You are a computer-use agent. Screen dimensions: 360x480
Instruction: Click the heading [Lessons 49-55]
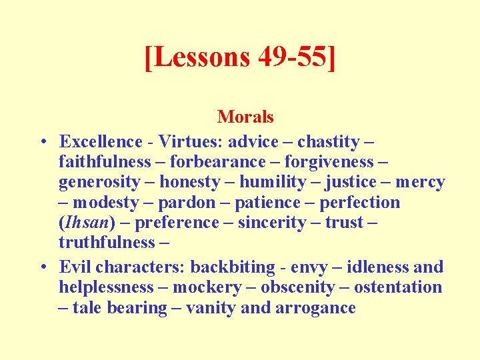tap(240, 58)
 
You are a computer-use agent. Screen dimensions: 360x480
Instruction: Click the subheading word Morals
tap(245, 117)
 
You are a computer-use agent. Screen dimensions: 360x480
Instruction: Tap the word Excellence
tap(101, 141)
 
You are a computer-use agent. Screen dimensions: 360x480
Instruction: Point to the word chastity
tap(328, 141)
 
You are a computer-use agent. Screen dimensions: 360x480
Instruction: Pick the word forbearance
tap(218, 162)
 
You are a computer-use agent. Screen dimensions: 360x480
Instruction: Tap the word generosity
tap(99, 182)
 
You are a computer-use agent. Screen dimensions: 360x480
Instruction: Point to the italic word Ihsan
tap(84, 223)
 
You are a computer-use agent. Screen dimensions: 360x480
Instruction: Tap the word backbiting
tap(229, 267)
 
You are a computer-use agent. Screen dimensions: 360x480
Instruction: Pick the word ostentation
tap(398, 287)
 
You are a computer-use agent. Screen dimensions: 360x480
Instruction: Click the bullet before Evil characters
tap(42, 267)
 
